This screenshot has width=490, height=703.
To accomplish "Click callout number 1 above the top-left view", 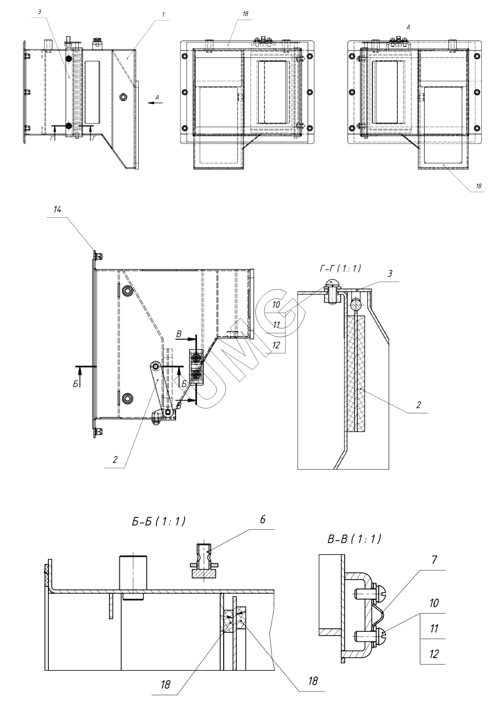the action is [163, 14].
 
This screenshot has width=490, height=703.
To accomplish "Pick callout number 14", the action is [58, 210].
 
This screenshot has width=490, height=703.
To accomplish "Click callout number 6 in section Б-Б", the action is [263, 520].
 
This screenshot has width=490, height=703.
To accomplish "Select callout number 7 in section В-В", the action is [434, 560].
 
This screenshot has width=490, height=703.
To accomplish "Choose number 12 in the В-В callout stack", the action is [433, 654].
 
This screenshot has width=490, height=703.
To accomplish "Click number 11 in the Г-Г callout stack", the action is [276, 325].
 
